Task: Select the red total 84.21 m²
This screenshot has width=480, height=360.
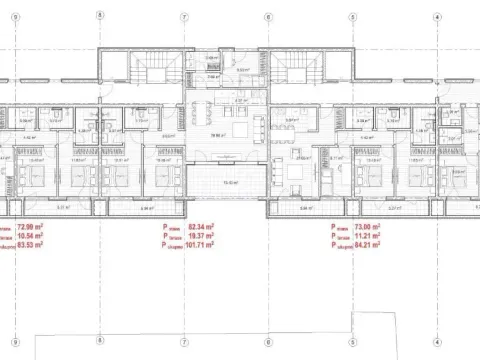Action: point(370,247)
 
